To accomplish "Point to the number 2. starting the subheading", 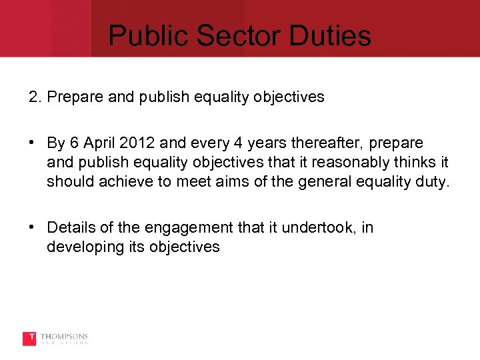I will [x=35, y=97].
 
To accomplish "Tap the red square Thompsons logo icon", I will [x=29, y=339].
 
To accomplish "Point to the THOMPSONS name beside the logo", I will [x=64, y=337].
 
